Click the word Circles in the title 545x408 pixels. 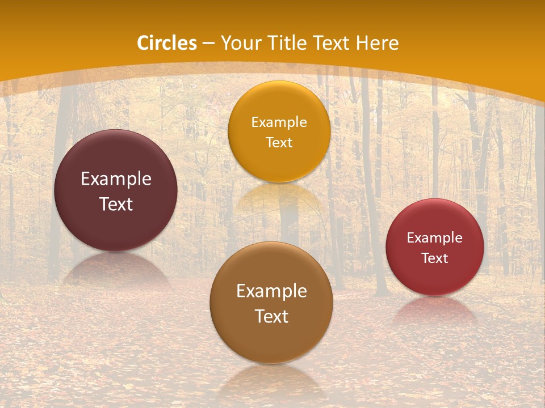(167, 43)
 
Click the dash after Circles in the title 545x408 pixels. (208, 44)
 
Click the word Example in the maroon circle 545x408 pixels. (116, 179)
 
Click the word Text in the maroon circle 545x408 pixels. (116, 204)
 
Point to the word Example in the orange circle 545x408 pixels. (279, 122)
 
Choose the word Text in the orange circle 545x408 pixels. (279, 142)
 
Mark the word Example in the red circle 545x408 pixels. (435, 237)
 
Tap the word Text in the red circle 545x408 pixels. (435, 258)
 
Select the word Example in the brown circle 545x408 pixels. (271, 291)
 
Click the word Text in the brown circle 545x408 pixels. (271, 316)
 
